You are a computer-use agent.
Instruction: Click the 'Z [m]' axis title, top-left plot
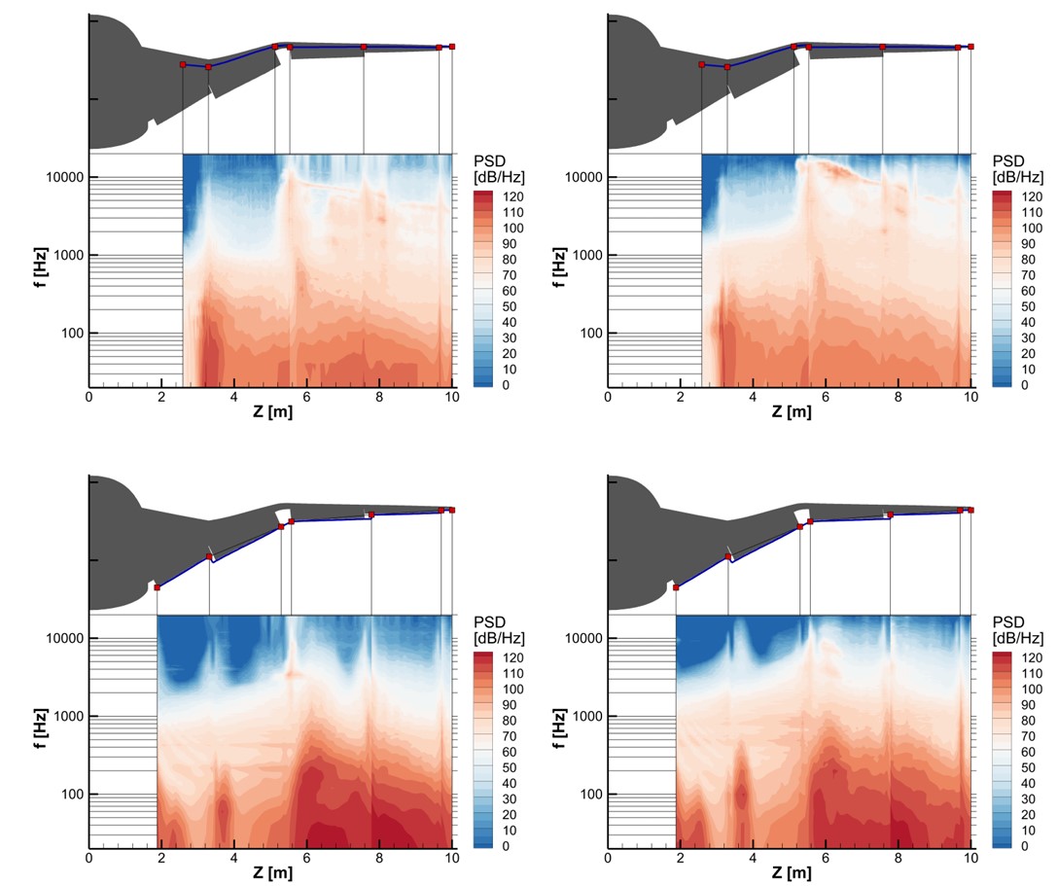(x=270, y=412)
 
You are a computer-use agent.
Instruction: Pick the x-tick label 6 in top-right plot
(x=826, y=397)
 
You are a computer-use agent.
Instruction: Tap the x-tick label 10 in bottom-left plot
(x=452, y=858)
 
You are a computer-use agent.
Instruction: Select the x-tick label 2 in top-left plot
(x=161, y=397)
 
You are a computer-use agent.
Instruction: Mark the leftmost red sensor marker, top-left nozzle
(x=183, y=64)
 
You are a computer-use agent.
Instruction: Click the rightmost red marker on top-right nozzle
(x=970, y=46)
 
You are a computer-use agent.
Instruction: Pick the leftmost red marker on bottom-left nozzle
(x=157, y=587)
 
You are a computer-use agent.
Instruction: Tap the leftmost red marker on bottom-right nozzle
(x=676, y=587)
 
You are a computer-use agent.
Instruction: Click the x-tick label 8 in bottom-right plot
(x=898, y=858)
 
